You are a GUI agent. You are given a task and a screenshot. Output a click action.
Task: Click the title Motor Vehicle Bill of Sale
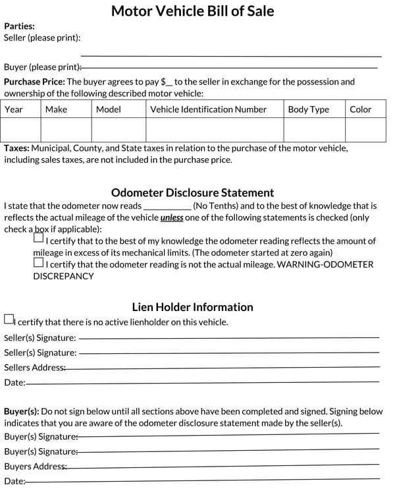pos(193,11)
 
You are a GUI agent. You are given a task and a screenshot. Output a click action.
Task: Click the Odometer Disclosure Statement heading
pos(192,192)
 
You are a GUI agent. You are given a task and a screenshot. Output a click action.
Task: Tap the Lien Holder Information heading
pos(192,306)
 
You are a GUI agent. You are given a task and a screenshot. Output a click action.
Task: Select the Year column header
pos(14,109)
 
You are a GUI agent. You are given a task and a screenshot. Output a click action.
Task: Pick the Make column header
pos(56,109)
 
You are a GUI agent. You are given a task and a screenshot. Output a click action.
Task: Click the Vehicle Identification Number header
pos(208,109)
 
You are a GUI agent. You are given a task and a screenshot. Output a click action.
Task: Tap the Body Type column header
pos(308,109)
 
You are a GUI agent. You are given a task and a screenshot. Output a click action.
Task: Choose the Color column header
pos(360,109)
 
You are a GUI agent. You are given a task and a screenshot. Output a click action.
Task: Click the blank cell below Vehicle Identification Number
pos(215,129)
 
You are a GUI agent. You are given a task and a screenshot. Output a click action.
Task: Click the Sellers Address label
pos(34,367)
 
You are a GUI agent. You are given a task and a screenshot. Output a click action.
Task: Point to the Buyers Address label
pos(35,467)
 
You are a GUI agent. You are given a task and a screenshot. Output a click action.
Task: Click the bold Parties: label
pos(19,27)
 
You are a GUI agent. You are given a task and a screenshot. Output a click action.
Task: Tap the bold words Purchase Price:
pos(34,82)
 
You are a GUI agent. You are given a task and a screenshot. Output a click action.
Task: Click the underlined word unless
pos(171,217)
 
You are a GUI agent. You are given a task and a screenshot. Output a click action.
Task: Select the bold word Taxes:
pos(16,148)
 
